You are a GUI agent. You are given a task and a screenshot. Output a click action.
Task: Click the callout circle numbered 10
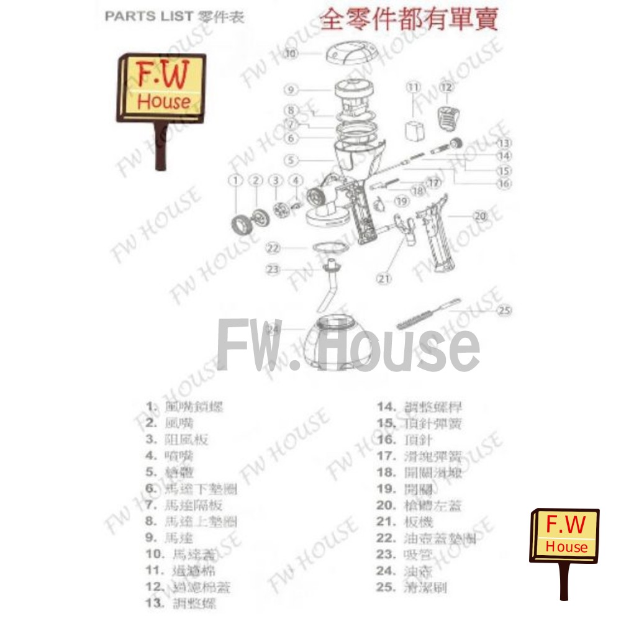point(291,53)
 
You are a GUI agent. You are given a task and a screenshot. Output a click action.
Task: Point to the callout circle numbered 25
point(505,310)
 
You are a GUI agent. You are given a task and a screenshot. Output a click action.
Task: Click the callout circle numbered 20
point(479,216)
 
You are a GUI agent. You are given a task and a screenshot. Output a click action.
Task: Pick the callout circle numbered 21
point(385,279)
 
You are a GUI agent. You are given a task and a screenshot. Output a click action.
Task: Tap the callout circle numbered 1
point(235,180)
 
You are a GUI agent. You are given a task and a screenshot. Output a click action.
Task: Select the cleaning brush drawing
point(428,315)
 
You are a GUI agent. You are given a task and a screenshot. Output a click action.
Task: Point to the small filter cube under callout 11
point(414,131)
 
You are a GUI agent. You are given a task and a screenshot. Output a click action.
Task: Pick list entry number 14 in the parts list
point(428,407)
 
